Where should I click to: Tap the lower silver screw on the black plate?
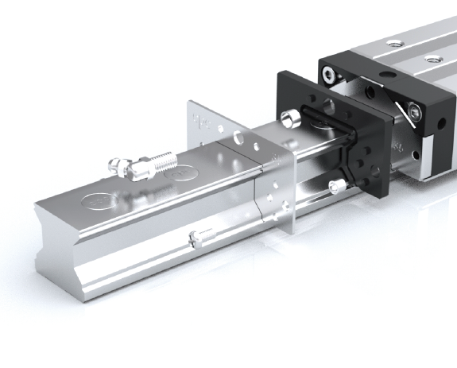click(x=337, y=188)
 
